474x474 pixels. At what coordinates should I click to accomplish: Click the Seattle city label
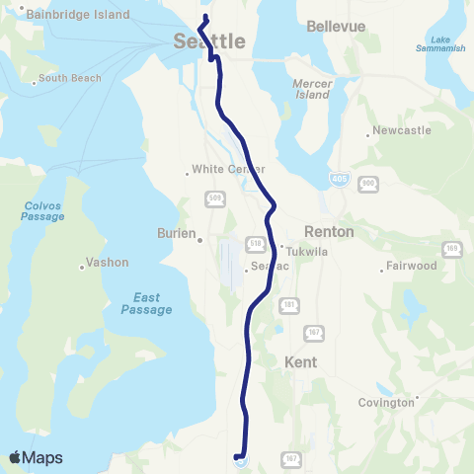(x=209, y=42)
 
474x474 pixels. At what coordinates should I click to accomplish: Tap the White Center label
(x=220, y=168)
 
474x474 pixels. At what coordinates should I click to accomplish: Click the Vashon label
(x=102, y=264)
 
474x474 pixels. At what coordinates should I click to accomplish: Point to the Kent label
(x=300, y=362)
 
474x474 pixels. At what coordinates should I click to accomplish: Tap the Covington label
(x=386, y=403)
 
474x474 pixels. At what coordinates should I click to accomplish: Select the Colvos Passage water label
(x=42, y=211)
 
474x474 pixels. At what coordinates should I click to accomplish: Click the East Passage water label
(x=146, y=303)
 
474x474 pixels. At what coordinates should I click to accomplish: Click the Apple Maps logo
(x=36, y=457)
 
